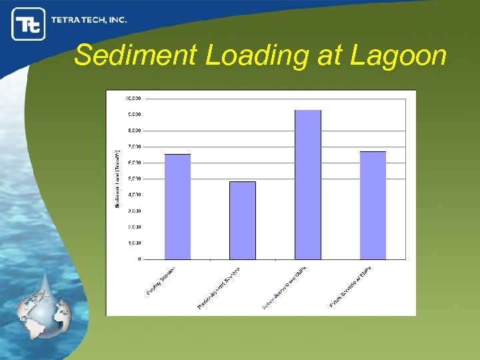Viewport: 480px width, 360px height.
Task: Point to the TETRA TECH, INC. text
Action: pos(89,20)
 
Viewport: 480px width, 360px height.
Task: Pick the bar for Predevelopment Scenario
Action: pos(243,220)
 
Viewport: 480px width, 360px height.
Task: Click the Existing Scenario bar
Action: pos(177,207)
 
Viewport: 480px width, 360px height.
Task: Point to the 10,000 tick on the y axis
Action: pos(133,98)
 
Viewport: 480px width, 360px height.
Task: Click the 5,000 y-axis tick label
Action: pos(134,179)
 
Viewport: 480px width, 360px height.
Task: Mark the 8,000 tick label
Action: pos(134,130)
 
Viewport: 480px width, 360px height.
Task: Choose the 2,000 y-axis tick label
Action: pos(134,227)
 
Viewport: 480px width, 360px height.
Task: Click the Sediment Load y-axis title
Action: pos(117,178)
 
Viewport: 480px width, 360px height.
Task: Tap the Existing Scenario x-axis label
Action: pos(161,279)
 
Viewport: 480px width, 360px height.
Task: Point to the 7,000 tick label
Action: pos(134,146)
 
